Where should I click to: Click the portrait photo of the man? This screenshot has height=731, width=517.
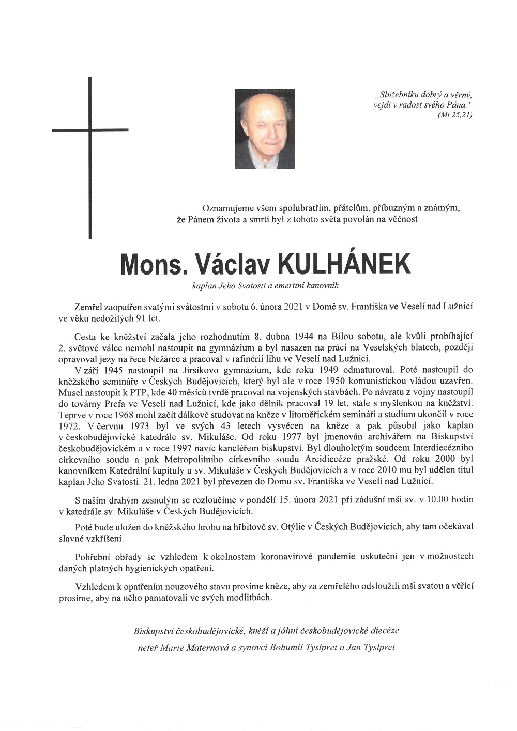tap(265, 129)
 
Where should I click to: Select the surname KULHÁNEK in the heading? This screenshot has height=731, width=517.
tap(344, 265)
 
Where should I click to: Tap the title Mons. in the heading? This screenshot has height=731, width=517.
tap(153, 265)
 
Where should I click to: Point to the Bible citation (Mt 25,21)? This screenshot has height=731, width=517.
tap(454, 115)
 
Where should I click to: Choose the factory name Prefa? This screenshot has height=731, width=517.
tap(120, 403)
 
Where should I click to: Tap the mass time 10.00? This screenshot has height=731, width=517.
tap(439, 500)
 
